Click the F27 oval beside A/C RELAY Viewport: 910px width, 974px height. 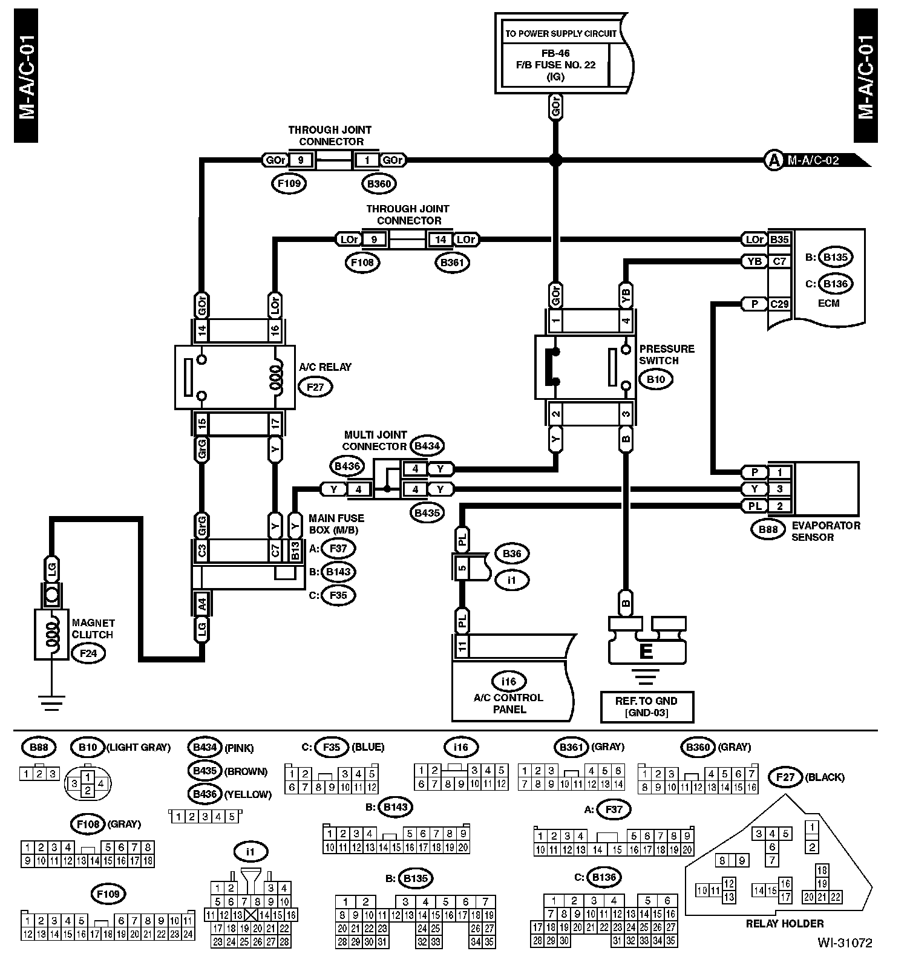315,387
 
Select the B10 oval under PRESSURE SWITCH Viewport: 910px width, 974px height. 655,379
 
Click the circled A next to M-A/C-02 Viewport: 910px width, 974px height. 773,160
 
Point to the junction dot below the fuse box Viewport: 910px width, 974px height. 555,160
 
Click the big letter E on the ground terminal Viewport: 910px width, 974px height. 646,651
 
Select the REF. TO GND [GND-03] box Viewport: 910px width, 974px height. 646,707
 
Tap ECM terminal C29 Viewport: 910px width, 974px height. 779,304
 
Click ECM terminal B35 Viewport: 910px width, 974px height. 779,240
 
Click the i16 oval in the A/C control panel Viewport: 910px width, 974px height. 509,681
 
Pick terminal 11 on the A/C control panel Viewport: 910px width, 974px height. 462,647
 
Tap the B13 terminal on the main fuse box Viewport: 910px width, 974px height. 295,551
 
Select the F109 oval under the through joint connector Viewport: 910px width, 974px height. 289,183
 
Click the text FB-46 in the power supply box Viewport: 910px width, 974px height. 555,53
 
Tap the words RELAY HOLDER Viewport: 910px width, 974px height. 784,924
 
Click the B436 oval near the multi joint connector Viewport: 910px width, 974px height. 347,466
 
